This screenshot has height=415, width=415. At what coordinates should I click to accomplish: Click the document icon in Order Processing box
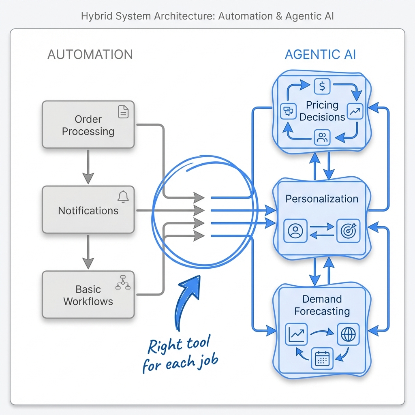123,111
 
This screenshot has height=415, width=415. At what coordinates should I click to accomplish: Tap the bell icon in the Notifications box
123,197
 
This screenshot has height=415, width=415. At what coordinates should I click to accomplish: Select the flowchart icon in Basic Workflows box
123,282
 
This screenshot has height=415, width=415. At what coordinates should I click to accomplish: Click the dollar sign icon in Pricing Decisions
322,86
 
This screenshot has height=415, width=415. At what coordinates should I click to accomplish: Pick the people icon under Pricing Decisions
322,137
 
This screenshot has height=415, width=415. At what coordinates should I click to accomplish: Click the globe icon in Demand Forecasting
348,334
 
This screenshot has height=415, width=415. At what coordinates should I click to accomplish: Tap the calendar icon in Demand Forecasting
322,358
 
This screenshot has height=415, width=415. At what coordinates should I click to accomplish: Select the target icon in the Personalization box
348,231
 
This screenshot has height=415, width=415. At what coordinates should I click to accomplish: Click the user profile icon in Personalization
295,231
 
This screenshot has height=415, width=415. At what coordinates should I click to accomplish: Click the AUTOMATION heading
90,55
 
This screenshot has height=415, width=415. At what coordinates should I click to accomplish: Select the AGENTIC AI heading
320,55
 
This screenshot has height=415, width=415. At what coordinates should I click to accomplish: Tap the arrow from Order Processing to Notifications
88,167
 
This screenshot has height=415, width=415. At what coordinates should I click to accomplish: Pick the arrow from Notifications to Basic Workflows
88,252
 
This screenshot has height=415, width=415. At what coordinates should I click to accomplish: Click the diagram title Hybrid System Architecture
207,17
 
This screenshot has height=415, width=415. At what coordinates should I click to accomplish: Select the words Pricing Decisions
322,111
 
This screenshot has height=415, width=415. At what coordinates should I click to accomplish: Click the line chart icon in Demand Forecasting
296,334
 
